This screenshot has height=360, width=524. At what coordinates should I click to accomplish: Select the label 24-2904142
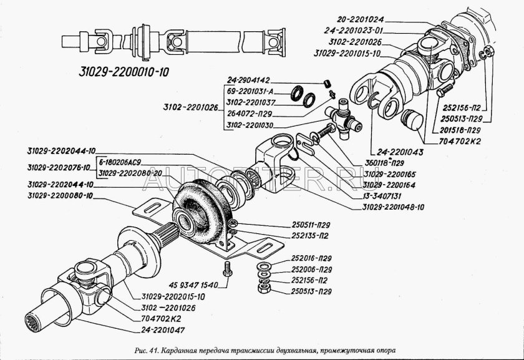click(248, 80)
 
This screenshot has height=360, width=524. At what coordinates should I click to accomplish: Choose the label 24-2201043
click(397, 151)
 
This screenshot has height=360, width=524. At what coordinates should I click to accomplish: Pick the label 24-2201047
click(159, 329)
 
